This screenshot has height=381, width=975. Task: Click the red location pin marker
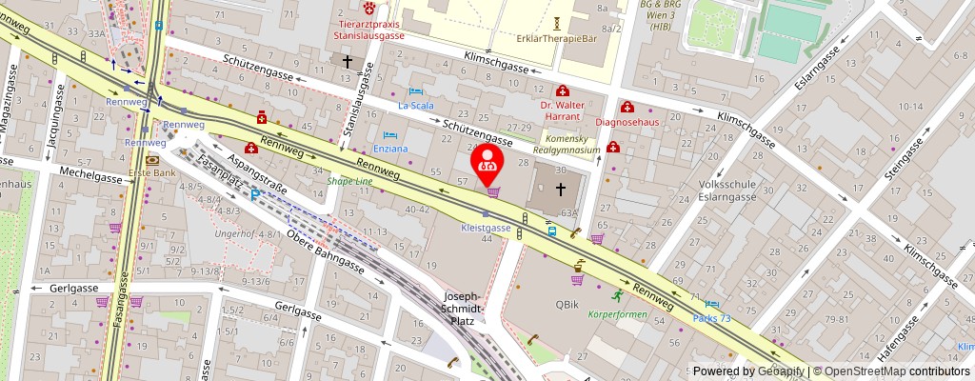[x=488, y=162]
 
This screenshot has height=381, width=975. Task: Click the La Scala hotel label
[x=415, y=106]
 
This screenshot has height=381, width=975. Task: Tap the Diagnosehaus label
[x=628, y=122]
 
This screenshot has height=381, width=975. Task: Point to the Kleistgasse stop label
[x=487, y=229]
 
